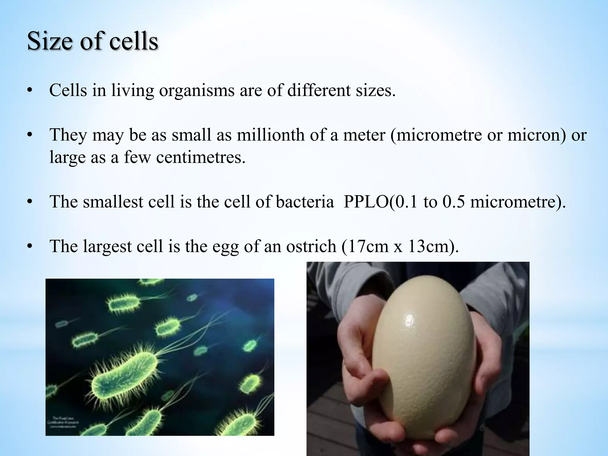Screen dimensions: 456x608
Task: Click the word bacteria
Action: tap(305, 202)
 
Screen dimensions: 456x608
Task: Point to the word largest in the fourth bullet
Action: tap(107, 246)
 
